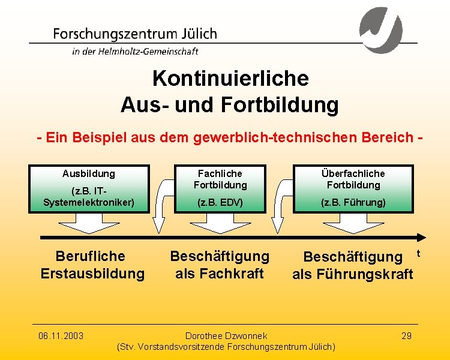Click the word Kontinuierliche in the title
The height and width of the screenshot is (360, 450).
[230, 79]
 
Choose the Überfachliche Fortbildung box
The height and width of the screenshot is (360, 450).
[353, 188]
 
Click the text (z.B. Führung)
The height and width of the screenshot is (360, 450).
[353, 203]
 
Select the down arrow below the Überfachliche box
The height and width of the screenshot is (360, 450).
[353, 223]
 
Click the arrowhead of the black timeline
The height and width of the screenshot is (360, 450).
[421, 236]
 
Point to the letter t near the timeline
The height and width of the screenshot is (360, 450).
[418, 254]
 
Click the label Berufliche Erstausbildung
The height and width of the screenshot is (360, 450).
[92, 265]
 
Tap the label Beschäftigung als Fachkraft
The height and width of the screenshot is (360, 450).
[220, 265]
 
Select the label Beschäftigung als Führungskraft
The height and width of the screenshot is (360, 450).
[353, 265]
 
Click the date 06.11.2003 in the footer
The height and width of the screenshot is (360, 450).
[61, 335]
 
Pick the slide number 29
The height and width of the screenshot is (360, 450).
[406, 335]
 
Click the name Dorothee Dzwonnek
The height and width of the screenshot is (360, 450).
[226, 335]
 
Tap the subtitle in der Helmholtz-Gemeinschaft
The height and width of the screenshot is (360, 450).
[135, 52]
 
